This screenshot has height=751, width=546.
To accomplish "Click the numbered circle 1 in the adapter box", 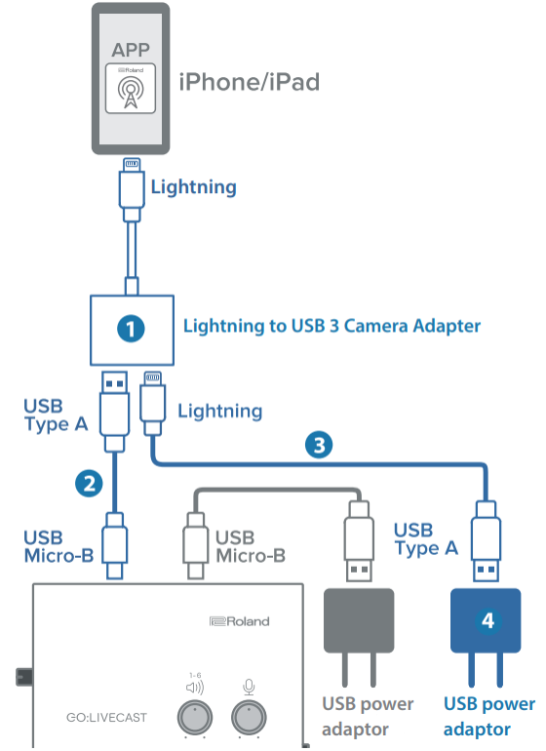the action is pyautogui.click(x=131, y=329).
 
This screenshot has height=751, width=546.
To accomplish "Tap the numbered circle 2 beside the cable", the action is pyautogui.click(x=89, y=483).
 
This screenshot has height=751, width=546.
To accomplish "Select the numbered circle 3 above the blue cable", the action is pyautogui.click(x=319, y=445).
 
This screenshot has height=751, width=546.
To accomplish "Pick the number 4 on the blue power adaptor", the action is pyautogui.click(x=487, y=620).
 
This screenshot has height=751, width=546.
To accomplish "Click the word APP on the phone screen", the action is pyautogui.click(x=131, y=50).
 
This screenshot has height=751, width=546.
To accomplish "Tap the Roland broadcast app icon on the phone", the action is pyautogui.click(x=131, y=89).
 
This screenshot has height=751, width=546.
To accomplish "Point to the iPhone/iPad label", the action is pyautogui.click(x=249, y=82).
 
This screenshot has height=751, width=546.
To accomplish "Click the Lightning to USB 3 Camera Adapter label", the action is pyautogui.click(x=331, y=326).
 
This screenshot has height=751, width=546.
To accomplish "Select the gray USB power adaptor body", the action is pyautogui.click(x=359, y=620).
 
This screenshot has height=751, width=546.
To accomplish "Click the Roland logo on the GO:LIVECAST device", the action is pyautogui.click(x=240, y=621).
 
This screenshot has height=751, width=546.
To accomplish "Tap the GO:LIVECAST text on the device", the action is pyautogui.click(x=106, y=718).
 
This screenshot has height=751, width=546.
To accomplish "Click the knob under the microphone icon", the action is pyautogui.click(x=249, y=718).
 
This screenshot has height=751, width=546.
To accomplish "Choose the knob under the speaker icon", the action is pyautogui.click(x=195, y=718).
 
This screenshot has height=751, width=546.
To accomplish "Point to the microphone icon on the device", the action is pyautogui.click(x=249, y=688).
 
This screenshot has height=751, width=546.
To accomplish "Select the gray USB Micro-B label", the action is pyautogui.click(x=251, y=546).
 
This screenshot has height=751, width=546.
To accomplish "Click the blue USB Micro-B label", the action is pyautogui.click(x=58, y=546).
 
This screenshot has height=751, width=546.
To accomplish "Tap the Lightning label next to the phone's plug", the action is pyautogui.click(x=193, y=187).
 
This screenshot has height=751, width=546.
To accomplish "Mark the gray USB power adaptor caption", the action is pyautogui.click(x=368, y=717).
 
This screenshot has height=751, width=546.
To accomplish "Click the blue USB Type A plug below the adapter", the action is pyautogui.click(x=114, y=412).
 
